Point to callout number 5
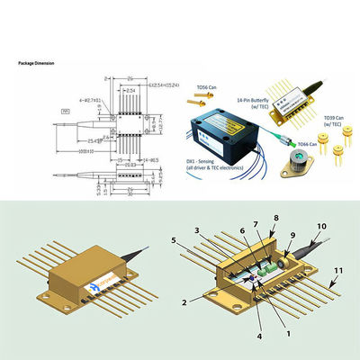[x=174, y=239]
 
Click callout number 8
[x=275, y=217]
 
